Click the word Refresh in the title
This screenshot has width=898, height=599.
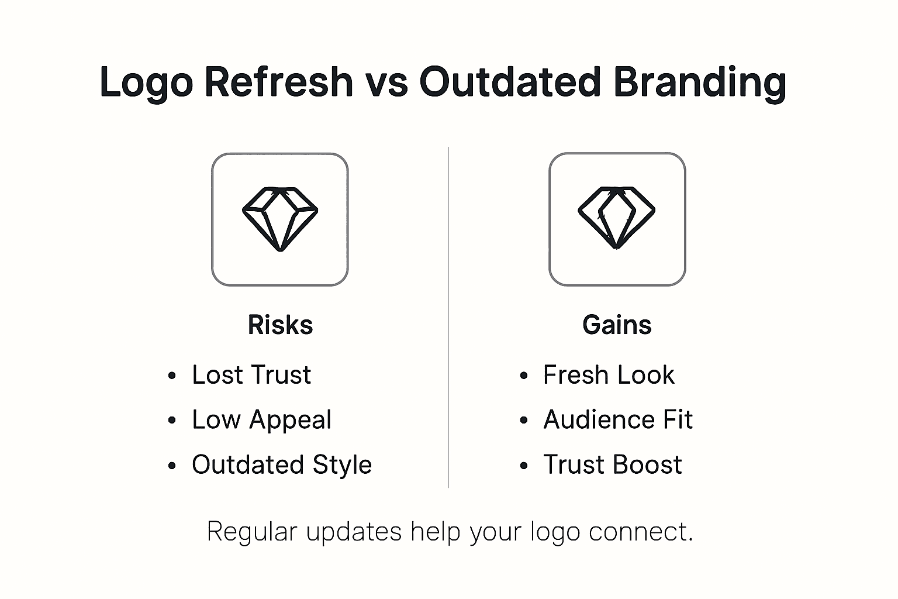coord(278,81)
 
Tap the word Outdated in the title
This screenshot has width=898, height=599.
coord(510,81)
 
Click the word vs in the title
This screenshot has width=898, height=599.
coord(386,82)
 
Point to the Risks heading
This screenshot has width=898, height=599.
coord(280,325)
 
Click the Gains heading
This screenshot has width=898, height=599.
coord(617,325)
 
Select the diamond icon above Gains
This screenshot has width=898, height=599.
coord(617,218)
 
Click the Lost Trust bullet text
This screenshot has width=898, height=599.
coord(251,375)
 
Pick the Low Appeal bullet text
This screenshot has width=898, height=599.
coord(261,420)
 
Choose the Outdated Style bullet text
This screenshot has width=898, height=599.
coord(282,465)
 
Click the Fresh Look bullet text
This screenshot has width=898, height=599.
coord(609,375)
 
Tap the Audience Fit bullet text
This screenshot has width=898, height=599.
coord(618,420)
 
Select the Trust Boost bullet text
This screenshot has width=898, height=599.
coord(613,465)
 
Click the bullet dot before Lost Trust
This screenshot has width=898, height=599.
coord(172,376)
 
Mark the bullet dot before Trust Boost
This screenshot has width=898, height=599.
coord(524,466)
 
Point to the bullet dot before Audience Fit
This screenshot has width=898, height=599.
coord(524,421)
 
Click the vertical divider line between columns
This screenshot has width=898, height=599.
coord(448,316)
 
